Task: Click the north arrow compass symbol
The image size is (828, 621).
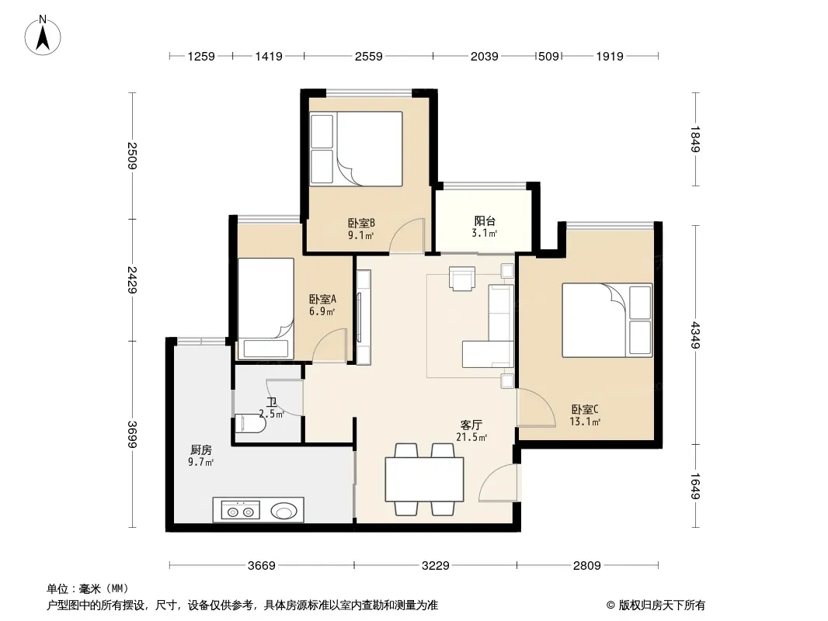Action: tap(43, 36)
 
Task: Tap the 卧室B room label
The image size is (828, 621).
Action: tap(361, 224)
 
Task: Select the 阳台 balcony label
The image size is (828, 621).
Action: tap(485, 221)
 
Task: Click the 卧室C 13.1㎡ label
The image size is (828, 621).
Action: tap(585, 415)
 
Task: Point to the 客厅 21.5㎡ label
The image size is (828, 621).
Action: tap(471, 431)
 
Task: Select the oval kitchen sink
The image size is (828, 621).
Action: tap(284, 511)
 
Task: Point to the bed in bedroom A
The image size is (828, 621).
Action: tap(266, 309)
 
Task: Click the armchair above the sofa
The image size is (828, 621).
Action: tap(462, 278)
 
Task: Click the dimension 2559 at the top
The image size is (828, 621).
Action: tap(369, 56)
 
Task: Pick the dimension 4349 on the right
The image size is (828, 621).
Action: tap(695, 335)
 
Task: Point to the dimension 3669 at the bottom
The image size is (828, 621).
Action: tap(262, 566)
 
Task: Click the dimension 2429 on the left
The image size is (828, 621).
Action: tap(132, 279)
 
